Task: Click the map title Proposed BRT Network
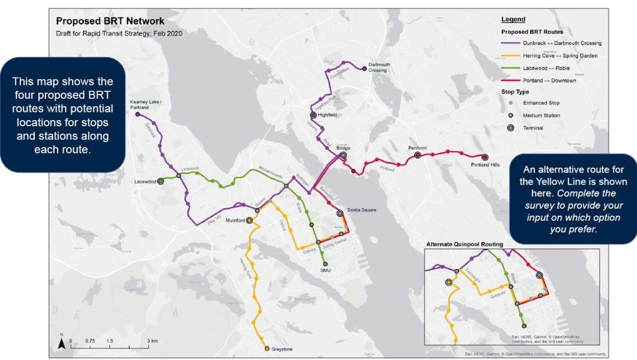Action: tap(110, 21)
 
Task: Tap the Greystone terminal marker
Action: tap(267, 349)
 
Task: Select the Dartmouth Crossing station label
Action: tap(379, 67)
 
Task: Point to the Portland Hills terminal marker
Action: tap(485, 157)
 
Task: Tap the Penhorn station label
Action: tap(417, 148)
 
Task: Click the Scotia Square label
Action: tap(362, 210)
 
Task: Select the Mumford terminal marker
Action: tap(249, 220)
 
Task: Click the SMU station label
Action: tap(325, 271)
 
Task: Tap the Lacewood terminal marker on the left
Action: tap(161, 181)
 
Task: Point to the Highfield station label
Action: tap(328, 115)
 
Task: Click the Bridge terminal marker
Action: tap(343, 155)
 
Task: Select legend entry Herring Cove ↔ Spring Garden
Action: tap(560, 56)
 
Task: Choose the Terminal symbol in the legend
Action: tap(510, 128)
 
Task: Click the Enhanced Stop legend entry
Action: tap(541, 103)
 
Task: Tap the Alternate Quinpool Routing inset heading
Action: tap(464, 244)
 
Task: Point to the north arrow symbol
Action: tap(62, 344)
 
